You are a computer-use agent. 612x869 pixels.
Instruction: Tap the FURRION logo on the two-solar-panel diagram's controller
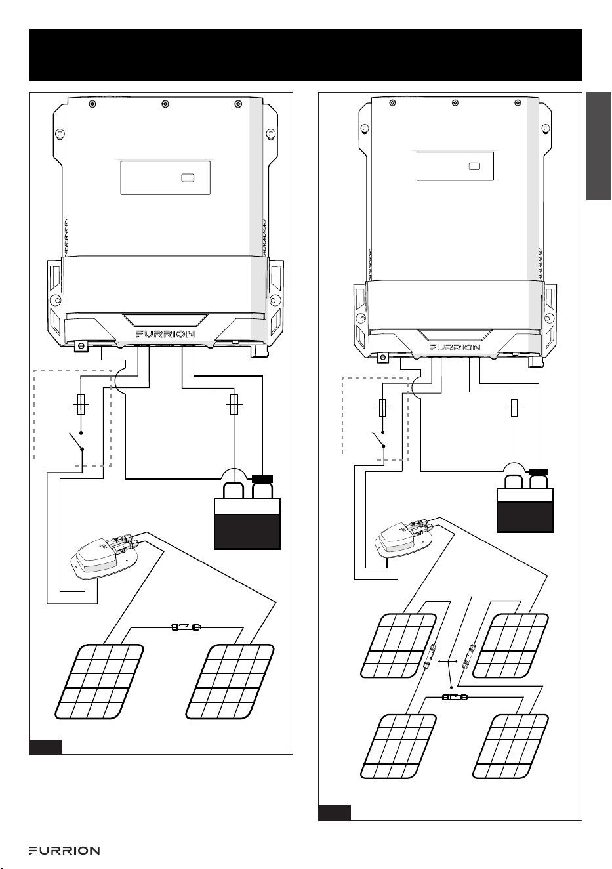pyautogui.click(x=165, y=334)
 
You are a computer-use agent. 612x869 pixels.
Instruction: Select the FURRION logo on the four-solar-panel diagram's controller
pyautogui.click(x=455, y=347)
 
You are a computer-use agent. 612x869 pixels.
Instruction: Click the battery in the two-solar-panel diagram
pyautogui.click(x=247, y=512)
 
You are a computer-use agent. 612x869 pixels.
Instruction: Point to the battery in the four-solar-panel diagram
pyautogui.click(x=525, y=501)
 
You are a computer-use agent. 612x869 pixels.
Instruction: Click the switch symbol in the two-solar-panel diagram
pyautogui.click(x=76, y=441)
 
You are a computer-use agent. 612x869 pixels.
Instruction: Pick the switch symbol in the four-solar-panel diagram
pyautogui.click(x=378, y=439)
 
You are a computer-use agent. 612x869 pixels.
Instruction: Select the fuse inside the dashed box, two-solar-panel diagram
pyautogui.click(x=81, y=404)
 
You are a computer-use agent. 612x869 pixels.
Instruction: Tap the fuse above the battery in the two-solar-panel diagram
pyautogui.click(x=234, y=404)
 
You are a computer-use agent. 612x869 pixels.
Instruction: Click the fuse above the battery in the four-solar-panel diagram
pyautogui.click(x=514, y=408)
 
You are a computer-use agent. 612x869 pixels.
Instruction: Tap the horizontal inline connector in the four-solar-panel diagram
pyautogui.click(x=455, y=697)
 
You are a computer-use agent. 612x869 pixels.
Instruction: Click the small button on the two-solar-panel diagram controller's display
pyautogui.click(x=188, y=178)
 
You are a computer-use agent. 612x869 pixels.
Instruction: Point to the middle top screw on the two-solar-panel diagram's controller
pyautogui.click(x=165, y=104)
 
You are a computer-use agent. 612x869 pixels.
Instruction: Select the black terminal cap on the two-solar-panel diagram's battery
pyautogui.click(x=262, y=479)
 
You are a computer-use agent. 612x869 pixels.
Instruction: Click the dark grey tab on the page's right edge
pyautogui.click(x=599, y=146)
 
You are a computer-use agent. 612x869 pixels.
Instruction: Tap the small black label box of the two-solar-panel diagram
pyautogui.click(x=45, y=748)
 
